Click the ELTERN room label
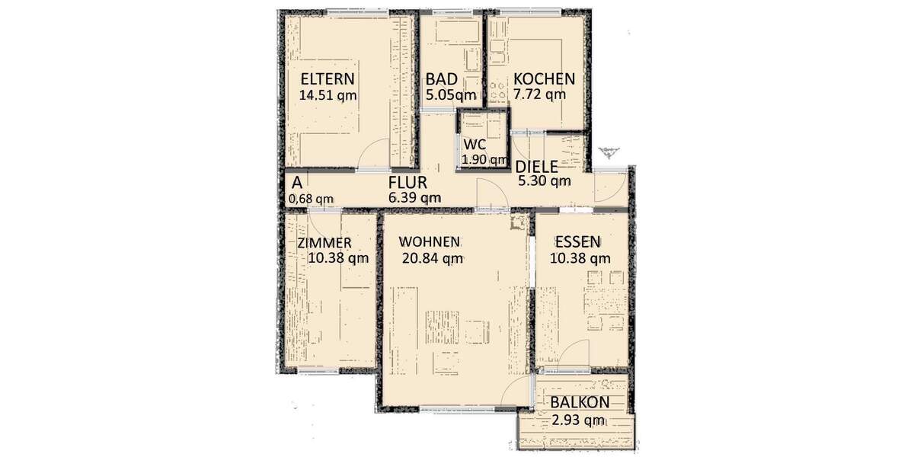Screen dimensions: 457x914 pyautogui.click(x=328, y=79)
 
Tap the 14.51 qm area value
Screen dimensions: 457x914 pyautogui.click(x=328, y=96)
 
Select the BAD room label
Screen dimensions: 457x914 pyautogui.click(x=441, y=79)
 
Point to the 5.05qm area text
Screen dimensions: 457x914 pyautogui.click(x=451, y=96)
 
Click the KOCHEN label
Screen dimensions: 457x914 pyautogui.click(x=544, y=79)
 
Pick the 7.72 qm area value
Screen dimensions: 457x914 pyautogui.click(x=540, y=95)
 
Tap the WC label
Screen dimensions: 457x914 pyautogui.click(x=475, y=145)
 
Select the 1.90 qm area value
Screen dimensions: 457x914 pyautogui.click(x=484, y=160)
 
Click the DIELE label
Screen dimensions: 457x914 pyautogui.click(x=537, y=167)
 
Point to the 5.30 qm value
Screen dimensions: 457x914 pyautogui.click(x=544, y=181)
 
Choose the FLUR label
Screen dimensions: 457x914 pyautogui.click(x=407, y=183)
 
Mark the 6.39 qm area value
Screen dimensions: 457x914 pyautogui.click(x=414, y=198)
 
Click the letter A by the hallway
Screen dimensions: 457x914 pyautogui.click(x=296, y=183)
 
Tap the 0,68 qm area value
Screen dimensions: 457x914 pyautogui.click(x=310, y=199)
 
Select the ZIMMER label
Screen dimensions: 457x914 pyautogui.click(x=324, y=243)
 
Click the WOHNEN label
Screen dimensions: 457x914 pyautogui.click(x=430, y=242)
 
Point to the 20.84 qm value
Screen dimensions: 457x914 pyautogui.click(x=433, y=258)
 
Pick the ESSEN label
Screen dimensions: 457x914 pyautogui.click(x=577, y=242)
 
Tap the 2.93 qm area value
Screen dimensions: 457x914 pyautogui.click(x=579, y=420)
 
